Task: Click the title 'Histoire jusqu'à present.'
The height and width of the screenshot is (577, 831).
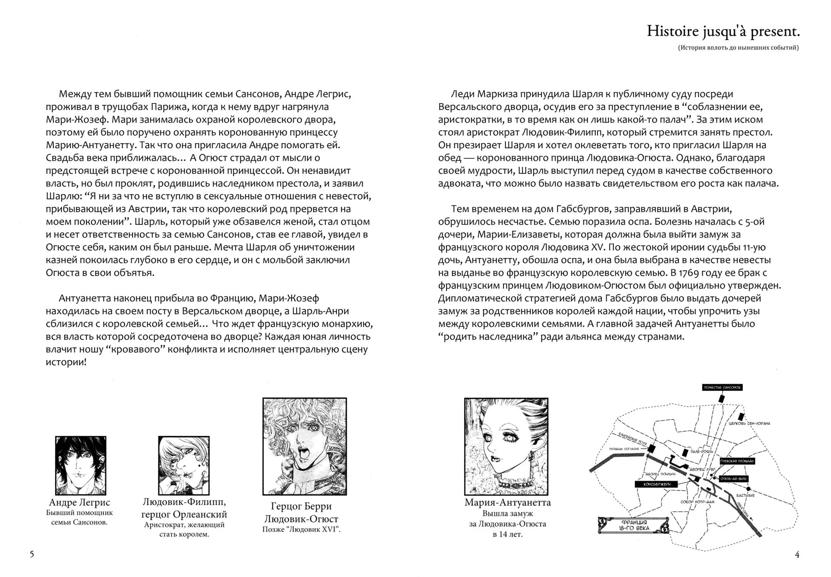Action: tap(723, 31)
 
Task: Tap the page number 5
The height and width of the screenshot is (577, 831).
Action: tap(32, 554)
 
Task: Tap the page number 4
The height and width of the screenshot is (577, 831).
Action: tap(797, 554)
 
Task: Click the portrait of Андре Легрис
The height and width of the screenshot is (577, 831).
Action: tap(80, 465)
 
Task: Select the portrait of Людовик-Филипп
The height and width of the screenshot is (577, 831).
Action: tap(184, 465)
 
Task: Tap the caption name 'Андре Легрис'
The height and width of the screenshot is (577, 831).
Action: tap(80, 503)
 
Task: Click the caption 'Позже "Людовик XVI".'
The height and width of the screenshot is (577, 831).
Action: tap(301, 529)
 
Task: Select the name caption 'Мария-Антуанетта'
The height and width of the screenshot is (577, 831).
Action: tap(508, 503)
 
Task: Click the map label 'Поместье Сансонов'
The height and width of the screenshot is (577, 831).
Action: tap(722, 388)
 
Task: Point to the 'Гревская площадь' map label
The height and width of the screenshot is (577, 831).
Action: tap(737, 461)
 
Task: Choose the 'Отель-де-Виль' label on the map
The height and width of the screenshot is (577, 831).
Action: tap(733, 479)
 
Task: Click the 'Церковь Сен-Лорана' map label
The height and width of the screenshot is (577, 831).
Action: tap(749, 423)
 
